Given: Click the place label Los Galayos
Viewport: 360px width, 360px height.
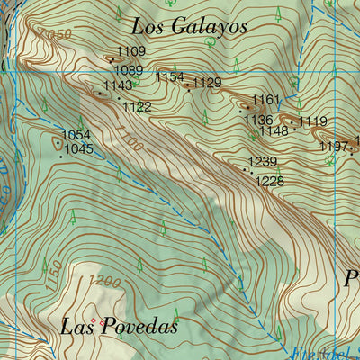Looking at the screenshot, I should (x=188, y=26).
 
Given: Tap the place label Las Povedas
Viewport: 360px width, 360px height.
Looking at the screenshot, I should (x=119, y=327).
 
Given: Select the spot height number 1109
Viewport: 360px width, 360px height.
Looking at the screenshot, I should (x=131, y=52).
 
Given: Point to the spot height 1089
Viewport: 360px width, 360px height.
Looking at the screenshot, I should (x=129, y=70).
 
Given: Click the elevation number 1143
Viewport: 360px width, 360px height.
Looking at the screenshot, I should (x=118, y=85).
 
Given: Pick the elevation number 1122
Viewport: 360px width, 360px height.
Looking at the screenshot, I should (x=137, y=106).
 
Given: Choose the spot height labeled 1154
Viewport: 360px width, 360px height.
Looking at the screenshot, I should (x=169, y=78).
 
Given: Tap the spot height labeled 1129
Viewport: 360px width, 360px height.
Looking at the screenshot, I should (x=207, y=83).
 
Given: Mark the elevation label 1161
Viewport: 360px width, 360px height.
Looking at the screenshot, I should (x=266, y=100).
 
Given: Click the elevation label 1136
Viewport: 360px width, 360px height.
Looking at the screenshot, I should (x=258, y=120).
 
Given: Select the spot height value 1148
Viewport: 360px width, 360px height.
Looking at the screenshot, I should (x=274, y=131).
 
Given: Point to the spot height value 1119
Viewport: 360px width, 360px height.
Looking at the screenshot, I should (x=313, y=121).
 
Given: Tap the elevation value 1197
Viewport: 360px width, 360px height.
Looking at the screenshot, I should (x=334, y=147).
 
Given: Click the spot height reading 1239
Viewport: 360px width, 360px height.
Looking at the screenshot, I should (x=263, y=162).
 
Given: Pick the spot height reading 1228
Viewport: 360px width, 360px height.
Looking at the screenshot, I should (x=270, y=181).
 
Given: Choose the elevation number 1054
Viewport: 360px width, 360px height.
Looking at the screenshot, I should (x=76, y=136).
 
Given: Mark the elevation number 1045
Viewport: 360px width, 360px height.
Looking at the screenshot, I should (x=79, y=149).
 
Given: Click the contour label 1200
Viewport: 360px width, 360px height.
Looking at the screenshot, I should (x=106, y=283).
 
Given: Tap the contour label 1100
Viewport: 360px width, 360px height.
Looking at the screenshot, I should (x=129, y=142).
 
